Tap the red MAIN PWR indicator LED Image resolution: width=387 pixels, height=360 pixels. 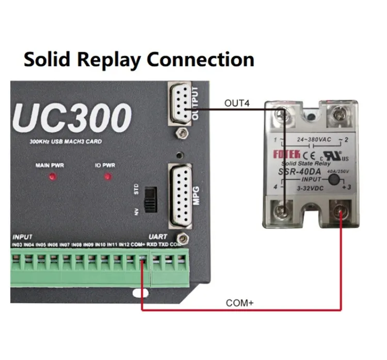53,177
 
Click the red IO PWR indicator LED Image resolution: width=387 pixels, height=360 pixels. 108,177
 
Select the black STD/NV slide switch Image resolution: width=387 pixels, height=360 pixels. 150,199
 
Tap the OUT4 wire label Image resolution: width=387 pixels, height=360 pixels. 237,103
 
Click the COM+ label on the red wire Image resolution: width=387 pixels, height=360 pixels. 240,303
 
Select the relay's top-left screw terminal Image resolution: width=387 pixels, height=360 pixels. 281,113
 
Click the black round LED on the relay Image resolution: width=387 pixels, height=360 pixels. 334,180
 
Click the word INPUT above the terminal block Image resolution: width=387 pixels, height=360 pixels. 23,236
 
